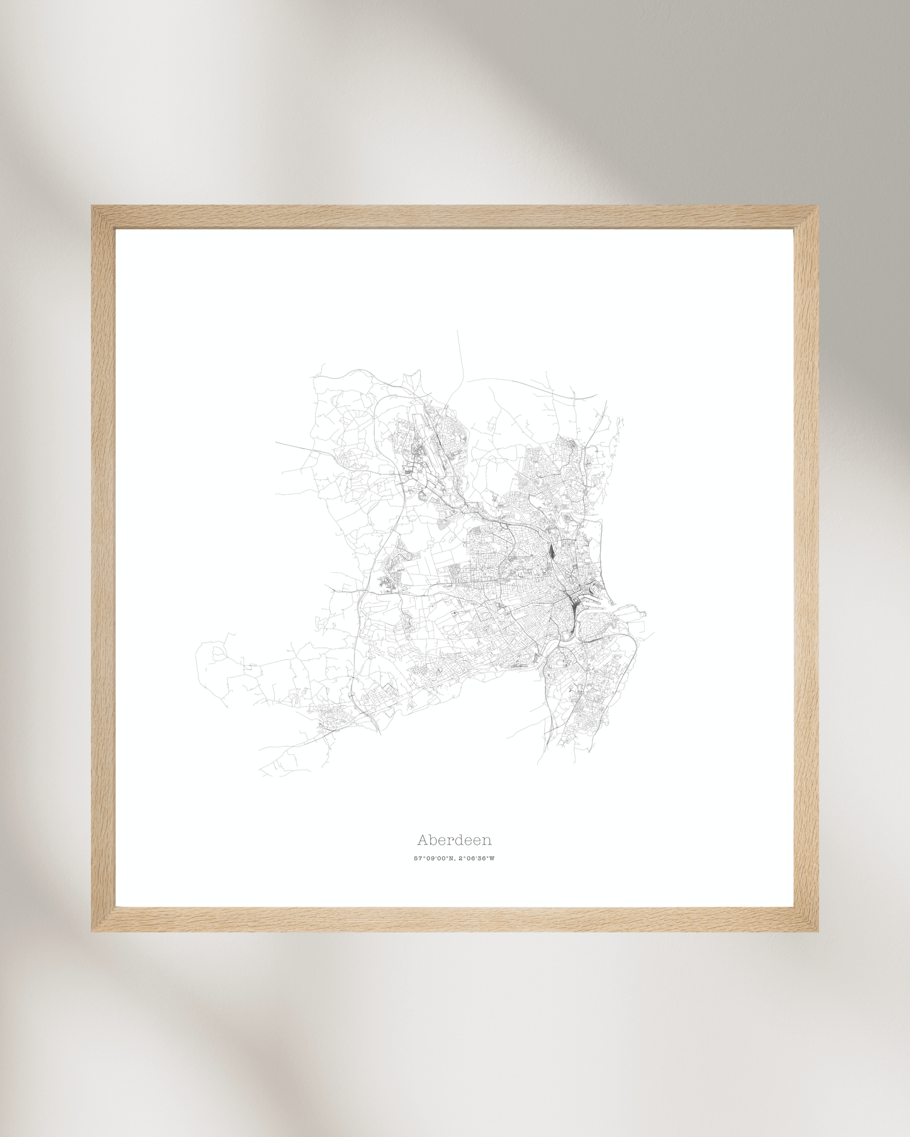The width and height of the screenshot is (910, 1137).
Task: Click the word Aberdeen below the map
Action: coord(454,840)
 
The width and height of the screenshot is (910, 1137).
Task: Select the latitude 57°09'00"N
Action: coord(433,859)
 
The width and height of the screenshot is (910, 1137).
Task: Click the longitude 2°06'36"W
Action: coord(477,859)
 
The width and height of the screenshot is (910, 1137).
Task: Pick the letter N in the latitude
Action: coord(451,859)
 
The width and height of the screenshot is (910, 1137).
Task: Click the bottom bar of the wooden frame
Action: coord(455,919)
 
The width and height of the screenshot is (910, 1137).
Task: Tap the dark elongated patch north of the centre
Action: coord(552,552)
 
